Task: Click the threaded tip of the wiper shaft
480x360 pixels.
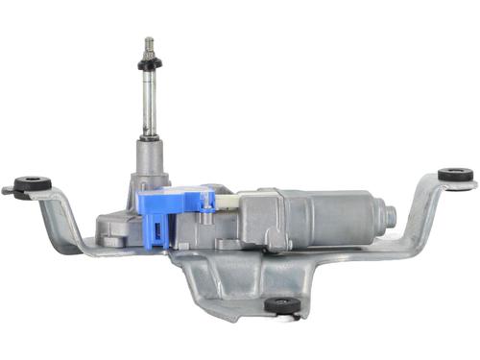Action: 149,44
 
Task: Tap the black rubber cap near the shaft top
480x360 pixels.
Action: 149,63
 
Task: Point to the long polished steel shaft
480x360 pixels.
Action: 150,106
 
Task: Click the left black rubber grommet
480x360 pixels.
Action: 34,181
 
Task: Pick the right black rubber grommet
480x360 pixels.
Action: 455,176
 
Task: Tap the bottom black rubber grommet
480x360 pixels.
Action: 281,304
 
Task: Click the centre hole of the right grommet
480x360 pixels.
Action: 455,172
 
